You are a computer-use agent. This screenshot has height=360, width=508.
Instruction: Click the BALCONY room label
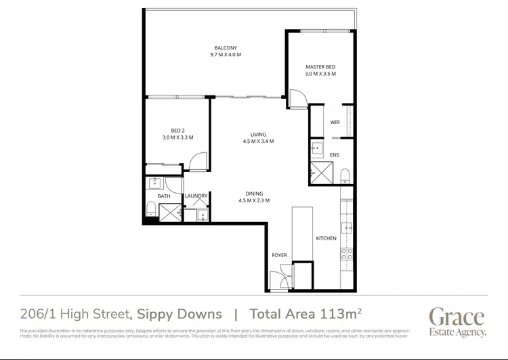point(226,47)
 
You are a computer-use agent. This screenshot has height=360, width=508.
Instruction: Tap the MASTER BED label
point(320,66)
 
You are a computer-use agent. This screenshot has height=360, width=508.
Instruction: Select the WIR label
point(335,122)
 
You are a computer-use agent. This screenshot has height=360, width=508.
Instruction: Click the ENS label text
point(335,155)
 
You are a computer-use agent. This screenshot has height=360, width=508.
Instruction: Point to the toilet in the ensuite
point(345,176)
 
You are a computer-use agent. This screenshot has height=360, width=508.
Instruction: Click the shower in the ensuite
point(318,173)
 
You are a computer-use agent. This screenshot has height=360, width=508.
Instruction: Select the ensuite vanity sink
point(318,148)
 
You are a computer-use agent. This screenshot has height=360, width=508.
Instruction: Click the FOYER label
point(279,255)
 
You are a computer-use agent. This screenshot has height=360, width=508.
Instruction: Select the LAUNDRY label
point(196,196)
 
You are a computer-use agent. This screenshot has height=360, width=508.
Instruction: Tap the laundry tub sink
point(202,216)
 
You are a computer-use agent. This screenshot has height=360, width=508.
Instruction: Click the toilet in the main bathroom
point(150,208)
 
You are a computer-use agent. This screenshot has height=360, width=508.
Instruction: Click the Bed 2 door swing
point(196,161)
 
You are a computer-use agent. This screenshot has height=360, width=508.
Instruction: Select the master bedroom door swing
point(297,99)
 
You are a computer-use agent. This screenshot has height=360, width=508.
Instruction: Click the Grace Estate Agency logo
point(457,321)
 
